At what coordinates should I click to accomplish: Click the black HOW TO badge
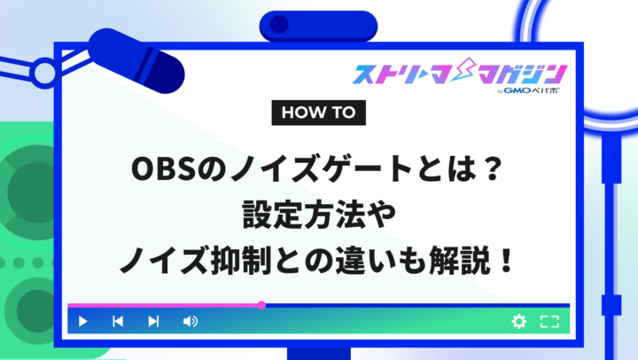click(x=317, y=113)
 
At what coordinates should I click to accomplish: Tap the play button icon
click(x=82, y=321)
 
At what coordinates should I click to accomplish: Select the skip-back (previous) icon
click(x=117, y=321)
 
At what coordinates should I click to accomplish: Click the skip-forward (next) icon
click(x=153, y=321)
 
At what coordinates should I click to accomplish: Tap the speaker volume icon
click(x=190, y=321)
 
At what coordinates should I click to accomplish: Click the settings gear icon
click(x=518, y=321)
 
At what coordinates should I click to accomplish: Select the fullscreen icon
click(x=549, y=321)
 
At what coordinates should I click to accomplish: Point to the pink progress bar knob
click(x=261, y=305)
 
